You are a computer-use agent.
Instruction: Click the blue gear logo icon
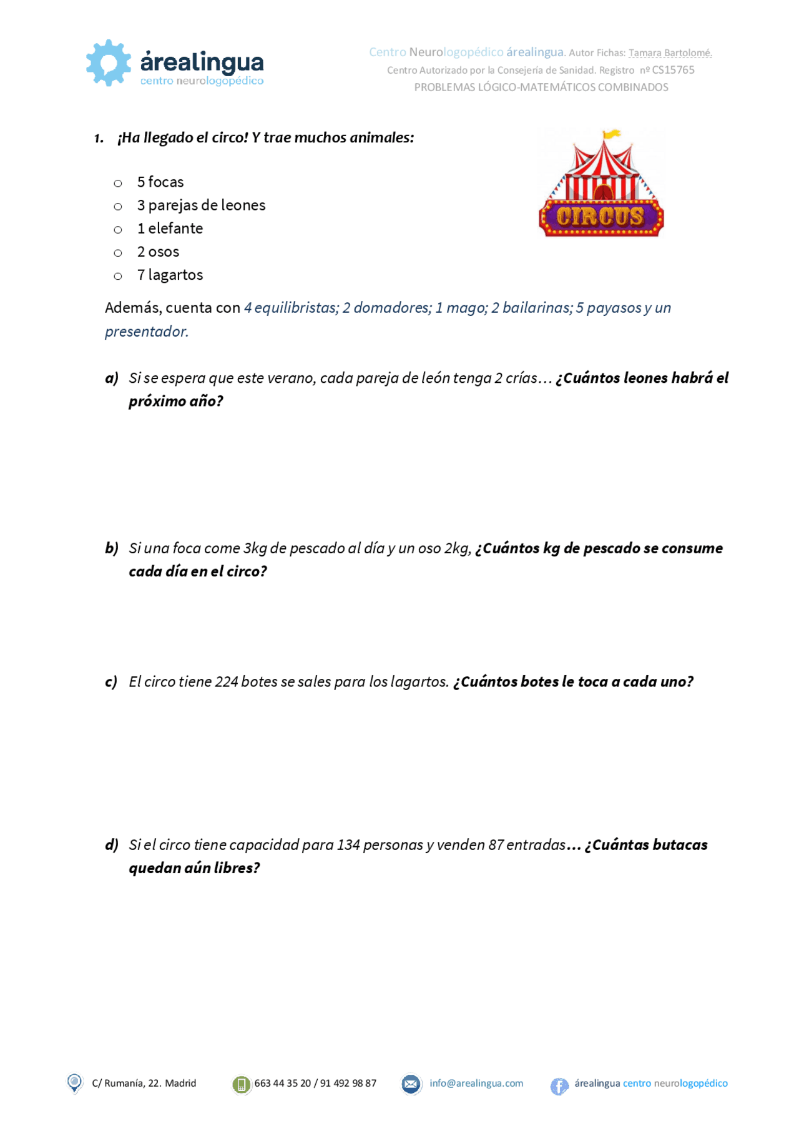pos(109,62)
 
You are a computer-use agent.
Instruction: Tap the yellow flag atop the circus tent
pos(612,134)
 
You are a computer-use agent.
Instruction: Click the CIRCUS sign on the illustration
pos(600,217)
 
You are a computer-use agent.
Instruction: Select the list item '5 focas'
pos(160,182)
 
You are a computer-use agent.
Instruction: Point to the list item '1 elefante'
pos(170,229)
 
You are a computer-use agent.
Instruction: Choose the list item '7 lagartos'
pos(170,275)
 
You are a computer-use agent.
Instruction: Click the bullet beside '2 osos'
pos(118,253)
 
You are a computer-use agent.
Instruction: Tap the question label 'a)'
pos(112,378)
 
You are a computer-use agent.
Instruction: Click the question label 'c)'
pos(111,681)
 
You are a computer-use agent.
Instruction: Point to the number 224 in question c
pos(227,681)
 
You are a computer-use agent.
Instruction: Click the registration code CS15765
pos(673,70)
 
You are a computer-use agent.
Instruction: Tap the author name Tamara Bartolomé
pos(670,53)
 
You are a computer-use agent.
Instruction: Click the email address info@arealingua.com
pos(476,1083)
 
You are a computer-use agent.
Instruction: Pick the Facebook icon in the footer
pos(559,1086)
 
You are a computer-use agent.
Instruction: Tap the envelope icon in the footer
pos(411,1084)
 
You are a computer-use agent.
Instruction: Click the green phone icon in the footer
pos(241,1085)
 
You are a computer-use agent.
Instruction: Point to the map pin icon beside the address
pos(74,1083)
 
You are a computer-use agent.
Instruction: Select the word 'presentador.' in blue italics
pos(147,332)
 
